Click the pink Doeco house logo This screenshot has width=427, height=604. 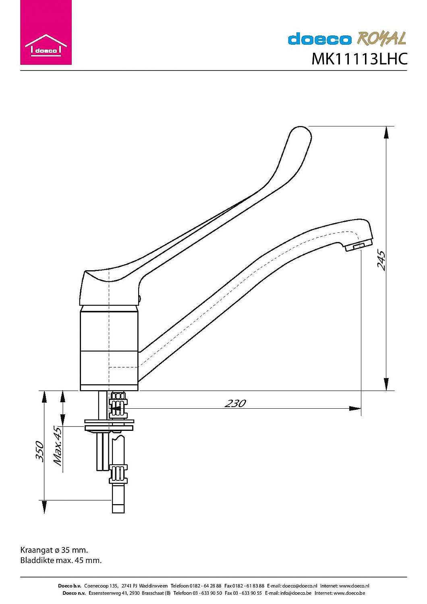pos(46,32)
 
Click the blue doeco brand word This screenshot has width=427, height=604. pos(319,39)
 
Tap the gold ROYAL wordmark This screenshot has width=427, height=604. pos(381,38)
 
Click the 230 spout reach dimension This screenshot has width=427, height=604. pos(235,403)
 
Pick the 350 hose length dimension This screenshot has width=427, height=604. pos(39,451)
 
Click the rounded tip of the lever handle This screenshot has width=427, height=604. pos(301,133)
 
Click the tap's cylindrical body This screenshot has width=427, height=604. pos(109,348)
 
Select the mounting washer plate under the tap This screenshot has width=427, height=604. pos(109,425)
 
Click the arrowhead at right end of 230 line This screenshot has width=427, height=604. pos(355,408)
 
